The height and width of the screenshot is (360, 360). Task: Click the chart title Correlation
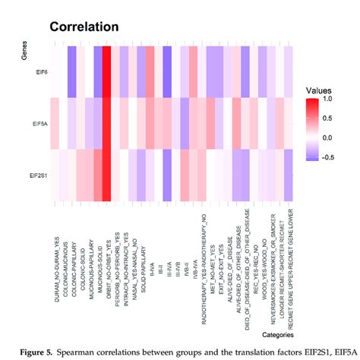84,27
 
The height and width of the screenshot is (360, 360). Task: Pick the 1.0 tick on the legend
327,99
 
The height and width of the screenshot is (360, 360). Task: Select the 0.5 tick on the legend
327,118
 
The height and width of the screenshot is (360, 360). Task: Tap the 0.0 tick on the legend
327,138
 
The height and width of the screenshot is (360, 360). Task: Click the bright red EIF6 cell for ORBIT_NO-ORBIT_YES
107,72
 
